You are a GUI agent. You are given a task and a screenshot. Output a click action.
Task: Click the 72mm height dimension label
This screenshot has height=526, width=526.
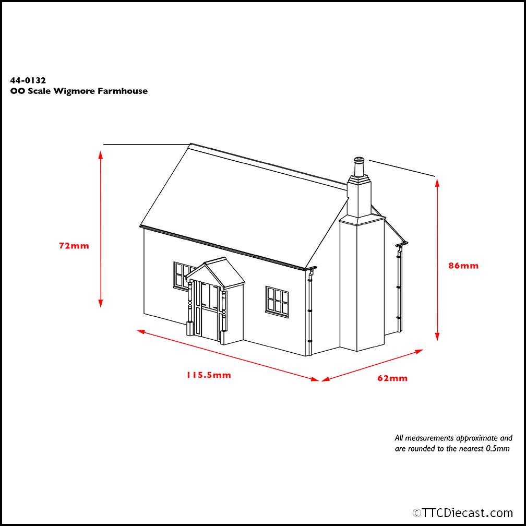point(74,246)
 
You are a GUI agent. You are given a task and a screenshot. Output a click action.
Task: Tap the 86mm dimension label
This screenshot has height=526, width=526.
point(463,266)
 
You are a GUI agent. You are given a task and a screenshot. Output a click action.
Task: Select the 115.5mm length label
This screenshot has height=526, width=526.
point(209,375)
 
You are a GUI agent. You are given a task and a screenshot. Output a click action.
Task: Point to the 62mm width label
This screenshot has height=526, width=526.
point(392,378)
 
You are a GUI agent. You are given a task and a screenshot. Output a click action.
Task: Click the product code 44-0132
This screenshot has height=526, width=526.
point(28,80)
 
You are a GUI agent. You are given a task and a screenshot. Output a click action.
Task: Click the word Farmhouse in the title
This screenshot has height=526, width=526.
point(123,91)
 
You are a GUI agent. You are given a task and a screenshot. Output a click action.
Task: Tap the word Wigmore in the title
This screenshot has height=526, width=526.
point(74,91)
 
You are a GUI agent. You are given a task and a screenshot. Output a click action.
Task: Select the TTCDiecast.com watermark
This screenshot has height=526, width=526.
point(462,513)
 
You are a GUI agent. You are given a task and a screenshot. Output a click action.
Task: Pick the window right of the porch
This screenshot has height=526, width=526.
point(277,302)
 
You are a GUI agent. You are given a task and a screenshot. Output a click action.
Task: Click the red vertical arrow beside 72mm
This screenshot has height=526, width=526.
point(100,229)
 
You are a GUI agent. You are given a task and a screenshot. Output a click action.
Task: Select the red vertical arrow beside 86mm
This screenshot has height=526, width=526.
point(437,260)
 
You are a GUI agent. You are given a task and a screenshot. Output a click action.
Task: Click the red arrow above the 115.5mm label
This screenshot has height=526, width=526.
point(228,355)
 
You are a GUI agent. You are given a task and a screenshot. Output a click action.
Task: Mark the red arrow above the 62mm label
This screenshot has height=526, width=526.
point(373,365)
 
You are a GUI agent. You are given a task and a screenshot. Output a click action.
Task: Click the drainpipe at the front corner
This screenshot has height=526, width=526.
point(309,312)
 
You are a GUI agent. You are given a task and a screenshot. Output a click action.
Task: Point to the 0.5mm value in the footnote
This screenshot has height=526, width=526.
point(498,449)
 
